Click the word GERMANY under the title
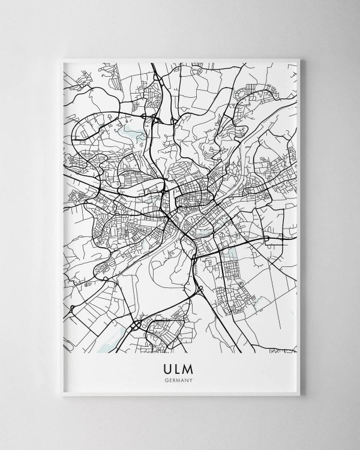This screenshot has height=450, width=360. click(180, 379)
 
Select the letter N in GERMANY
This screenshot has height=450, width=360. click(188, 379)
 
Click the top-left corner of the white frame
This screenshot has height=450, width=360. click(61, 58)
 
